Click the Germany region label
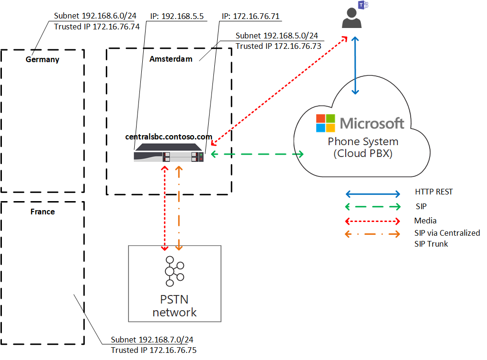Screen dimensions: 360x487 42,59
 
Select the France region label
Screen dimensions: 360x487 43,212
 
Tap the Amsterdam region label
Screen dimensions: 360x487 171,59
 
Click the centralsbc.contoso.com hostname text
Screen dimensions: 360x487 168,137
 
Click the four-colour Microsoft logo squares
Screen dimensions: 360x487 325,123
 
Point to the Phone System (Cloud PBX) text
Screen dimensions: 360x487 363,148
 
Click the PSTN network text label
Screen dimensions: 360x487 174,306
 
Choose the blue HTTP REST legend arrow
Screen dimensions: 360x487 373,194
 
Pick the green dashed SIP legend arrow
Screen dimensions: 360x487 373,207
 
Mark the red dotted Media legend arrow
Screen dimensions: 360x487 373,221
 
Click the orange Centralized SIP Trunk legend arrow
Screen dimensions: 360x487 373,233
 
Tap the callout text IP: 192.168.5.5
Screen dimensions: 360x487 177,16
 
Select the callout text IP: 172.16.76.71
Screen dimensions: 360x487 250,17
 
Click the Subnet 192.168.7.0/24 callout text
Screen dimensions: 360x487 152,340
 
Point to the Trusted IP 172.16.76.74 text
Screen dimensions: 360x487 97,27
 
